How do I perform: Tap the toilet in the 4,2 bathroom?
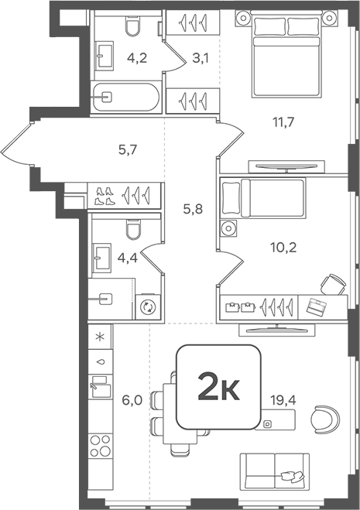click(x=132, y=28)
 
